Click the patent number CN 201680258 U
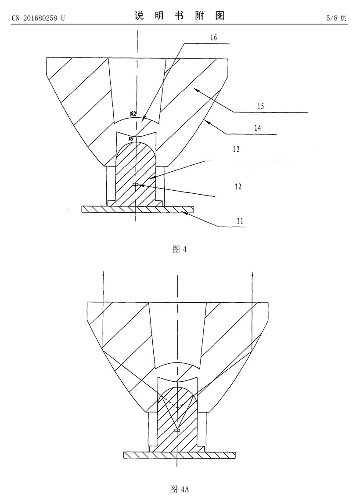tap(38, 18)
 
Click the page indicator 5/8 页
tap(337, 18)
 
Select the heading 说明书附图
tap(179, 16)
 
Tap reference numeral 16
tap(213, 37)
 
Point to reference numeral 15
tap(260, 106)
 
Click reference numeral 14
tap(257, 128)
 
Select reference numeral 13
tap(236, 149)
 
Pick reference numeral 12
tap(238, 186)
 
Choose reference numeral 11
tap(240, 221)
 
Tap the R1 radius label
tap(131, 139)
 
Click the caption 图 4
tap(180, 249)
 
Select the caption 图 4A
tap(179, 489)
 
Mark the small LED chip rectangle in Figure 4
tap(136, 185)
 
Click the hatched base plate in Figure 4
tap(138, 209)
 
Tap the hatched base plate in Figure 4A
tap(180, 455)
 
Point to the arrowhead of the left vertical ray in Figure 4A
tap(103, 274)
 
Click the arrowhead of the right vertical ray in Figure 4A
tap(252, 274)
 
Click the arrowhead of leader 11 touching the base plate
tap(185, 212)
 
